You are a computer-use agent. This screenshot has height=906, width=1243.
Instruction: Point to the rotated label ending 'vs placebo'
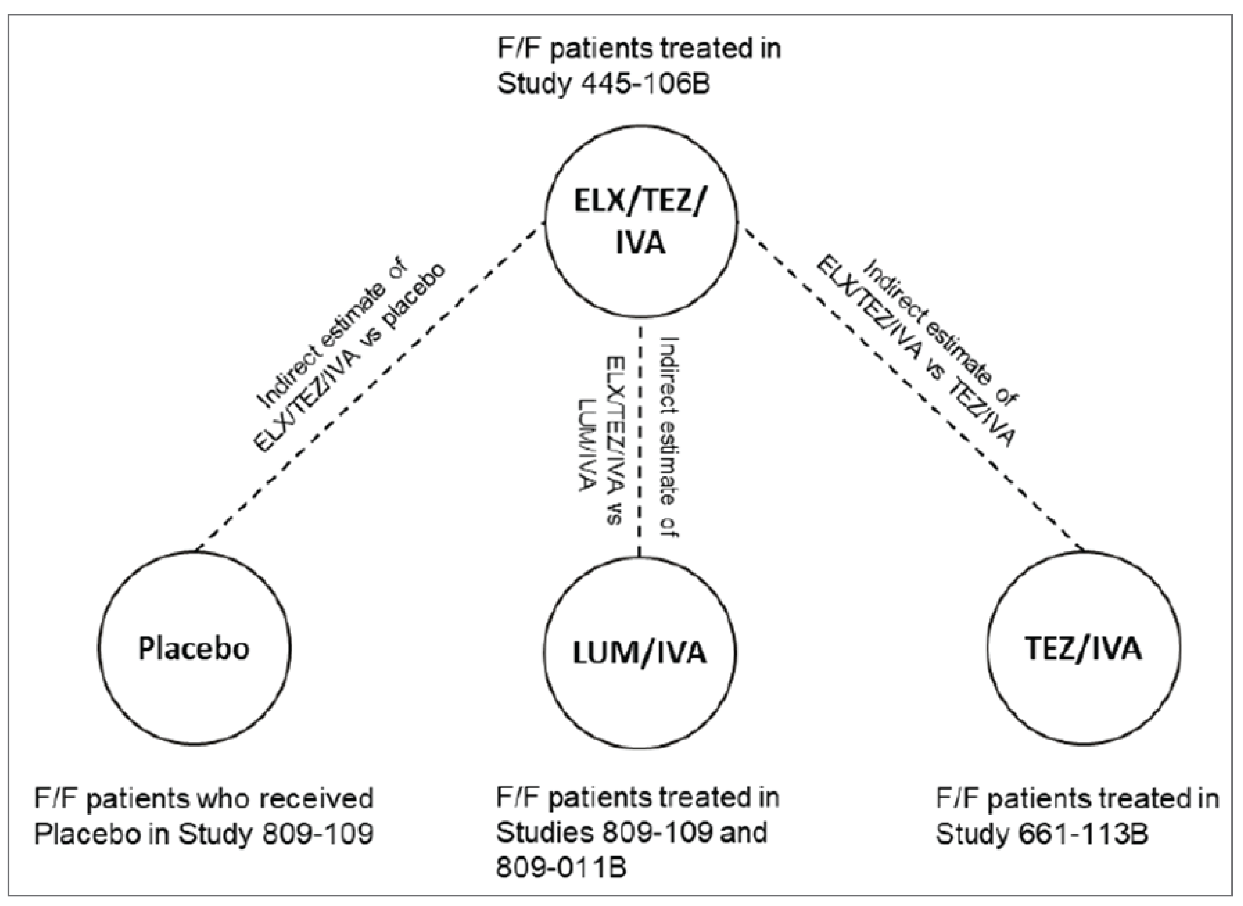(x=351, y=359)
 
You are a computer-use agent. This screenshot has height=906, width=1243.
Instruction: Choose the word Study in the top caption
(x=532, y=85)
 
